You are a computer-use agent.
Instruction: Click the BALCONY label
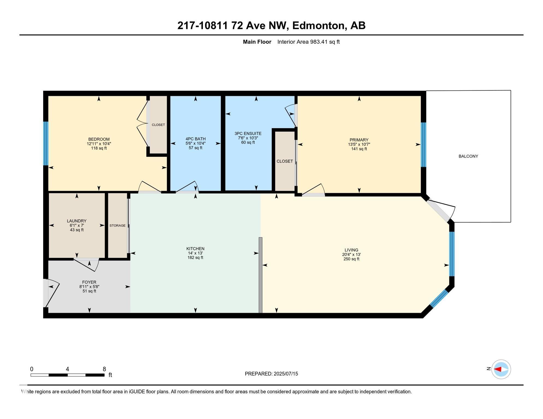(x=468, y=156)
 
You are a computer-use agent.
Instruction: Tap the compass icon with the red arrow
(x=501, y=369)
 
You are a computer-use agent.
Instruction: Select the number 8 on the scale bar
(x=104, y=369)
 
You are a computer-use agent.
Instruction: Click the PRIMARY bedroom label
(x=359, y=140)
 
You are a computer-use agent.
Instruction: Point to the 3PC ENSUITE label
(x=248, y=134)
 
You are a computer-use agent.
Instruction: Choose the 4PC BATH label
(x=196, y=139)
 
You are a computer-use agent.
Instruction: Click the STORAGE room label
(x=117, y=226)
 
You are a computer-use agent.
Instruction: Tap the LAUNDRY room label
(x=77, y=221)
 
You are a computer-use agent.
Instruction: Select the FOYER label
(x=89, y=282)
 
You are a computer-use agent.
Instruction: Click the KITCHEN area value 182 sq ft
(x=195, y=258)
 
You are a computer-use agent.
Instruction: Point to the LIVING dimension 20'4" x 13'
(x=352, y=255)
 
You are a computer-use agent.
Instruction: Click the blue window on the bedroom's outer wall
(x=46, y=143)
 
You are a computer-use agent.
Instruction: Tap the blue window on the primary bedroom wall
(x=423, y=145)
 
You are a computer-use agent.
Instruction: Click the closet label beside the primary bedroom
(x=285, y=161)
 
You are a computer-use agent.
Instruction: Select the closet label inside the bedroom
(x=158, y=125)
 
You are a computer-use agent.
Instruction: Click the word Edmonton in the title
(x=318, y=26)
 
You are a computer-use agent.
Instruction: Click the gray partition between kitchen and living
(x=261, y=275)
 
